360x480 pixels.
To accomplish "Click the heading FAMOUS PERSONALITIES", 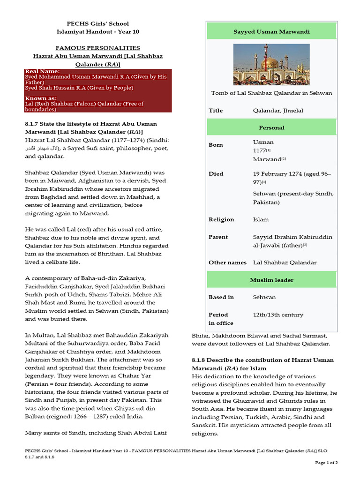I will pos(97,48).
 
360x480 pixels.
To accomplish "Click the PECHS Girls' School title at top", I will pos(97,23).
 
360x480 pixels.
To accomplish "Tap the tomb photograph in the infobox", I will pos(271,64).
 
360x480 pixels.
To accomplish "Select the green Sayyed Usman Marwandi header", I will pos(271,31).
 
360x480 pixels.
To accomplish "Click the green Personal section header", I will pos(271,127).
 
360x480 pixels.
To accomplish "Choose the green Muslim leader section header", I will pos(271,280).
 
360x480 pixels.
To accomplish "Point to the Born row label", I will pos(216,145).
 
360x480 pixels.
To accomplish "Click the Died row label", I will pos(216,173).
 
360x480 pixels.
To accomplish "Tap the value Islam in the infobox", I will pos(261,219).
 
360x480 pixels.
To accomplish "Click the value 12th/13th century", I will pos(278,315).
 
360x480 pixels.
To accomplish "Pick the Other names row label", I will pos(227,262).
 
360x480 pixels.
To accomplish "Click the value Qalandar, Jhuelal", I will pos(277,111).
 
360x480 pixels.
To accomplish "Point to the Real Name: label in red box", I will pos(42,71).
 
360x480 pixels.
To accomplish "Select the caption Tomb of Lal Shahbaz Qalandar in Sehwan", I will pos(271,93).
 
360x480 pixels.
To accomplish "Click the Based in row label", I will pos(221,297).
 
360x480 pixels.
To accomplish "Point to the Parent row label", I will pos(218,237).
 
